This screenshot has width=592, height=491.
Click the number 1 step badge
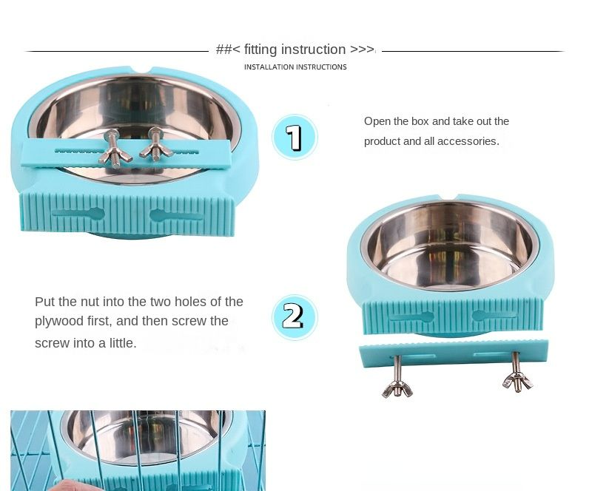tap(295, 137)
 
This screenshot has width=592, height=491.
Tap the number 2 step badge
tap(295, 317)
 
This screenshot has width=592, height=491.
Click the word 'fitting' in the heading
tap(260, 50)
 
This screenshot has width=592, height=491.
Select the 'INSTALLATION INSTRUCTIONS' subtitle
tap(295, 67)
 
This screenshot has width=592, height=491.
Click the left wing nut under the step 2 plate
tap(397, 389)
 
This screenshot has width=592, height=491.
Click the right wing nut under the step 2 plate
tap(517, 380)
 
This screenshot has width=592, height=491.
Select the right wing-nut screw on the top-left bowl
tap(155, 144)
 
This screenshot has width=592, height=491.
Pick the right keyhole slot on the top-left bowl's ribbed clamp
tap(176, 216)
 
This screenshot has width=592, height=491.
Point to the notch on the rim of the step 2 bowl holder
tap(449, 197)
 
